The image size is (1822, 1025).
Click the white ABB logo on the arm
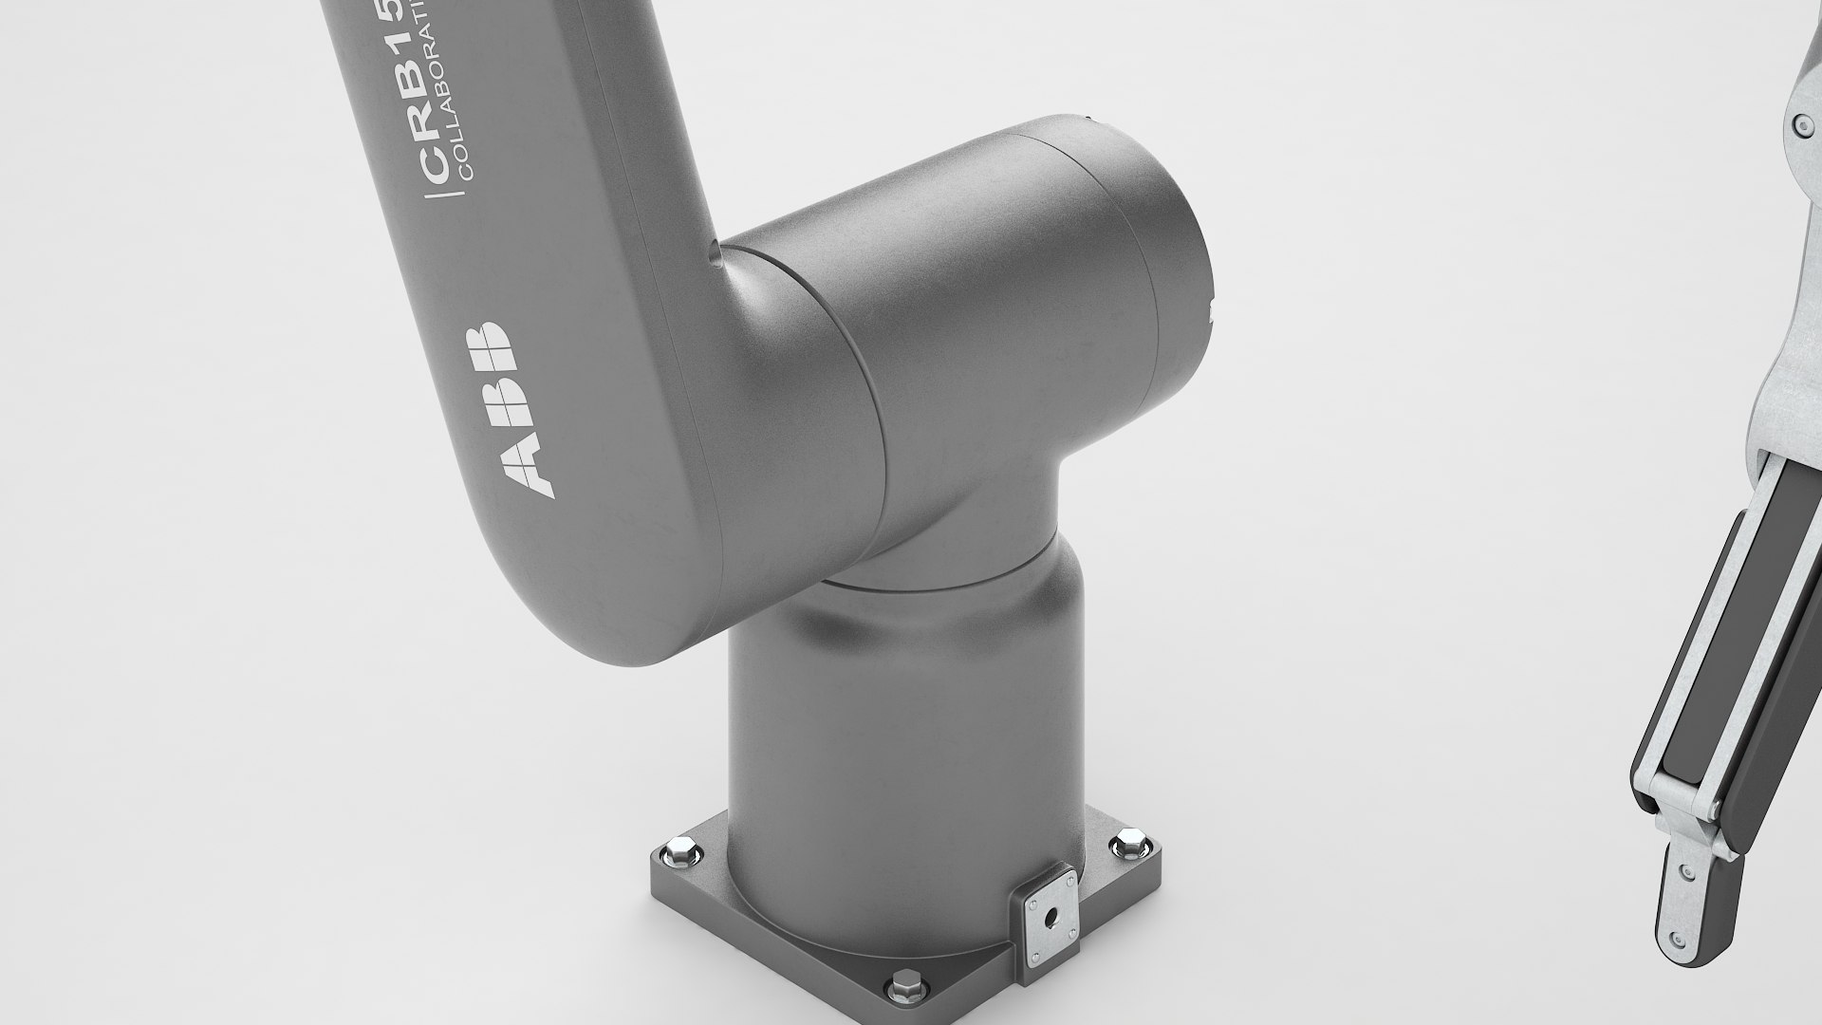tap(511, 409)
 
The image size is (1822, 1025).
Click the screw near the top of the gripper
tap(1797, 123)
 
